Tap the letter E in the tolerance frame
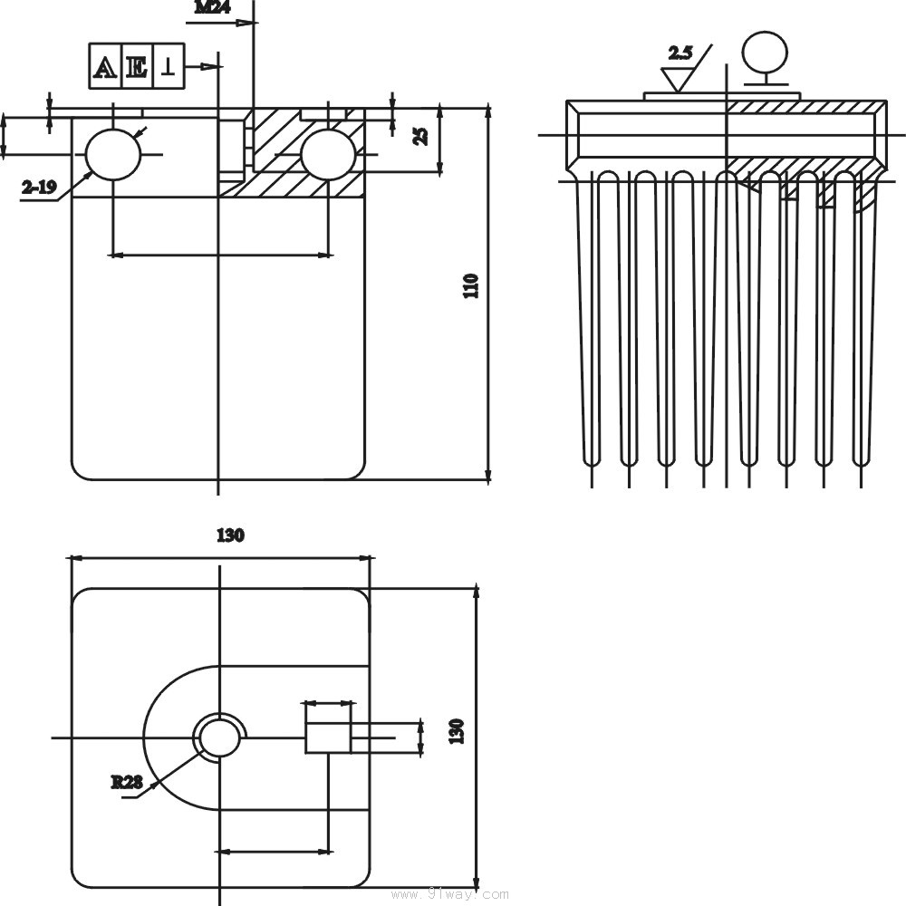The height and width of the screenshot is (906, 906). (137, 67)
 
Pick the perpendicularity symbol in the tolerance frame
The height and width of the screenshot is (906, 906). (168, 67)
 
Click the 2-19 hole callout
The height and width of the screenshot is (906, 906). (39, 188)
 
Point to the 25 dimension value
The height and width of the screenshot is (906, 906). (420, 136)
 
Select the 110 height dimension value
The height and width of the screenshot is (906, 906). (470, 286)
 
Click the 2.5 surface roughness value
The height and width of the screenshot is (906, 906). (679, 53)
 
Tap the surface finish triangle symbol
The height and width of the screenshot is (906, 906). (676, 79)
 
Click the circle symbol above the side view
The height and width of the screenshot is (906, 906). (762, 51)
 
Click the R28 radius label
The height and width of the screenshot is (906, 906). (127, 781)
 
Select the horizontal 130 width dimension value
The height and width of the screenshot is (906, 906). (230, 535)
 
